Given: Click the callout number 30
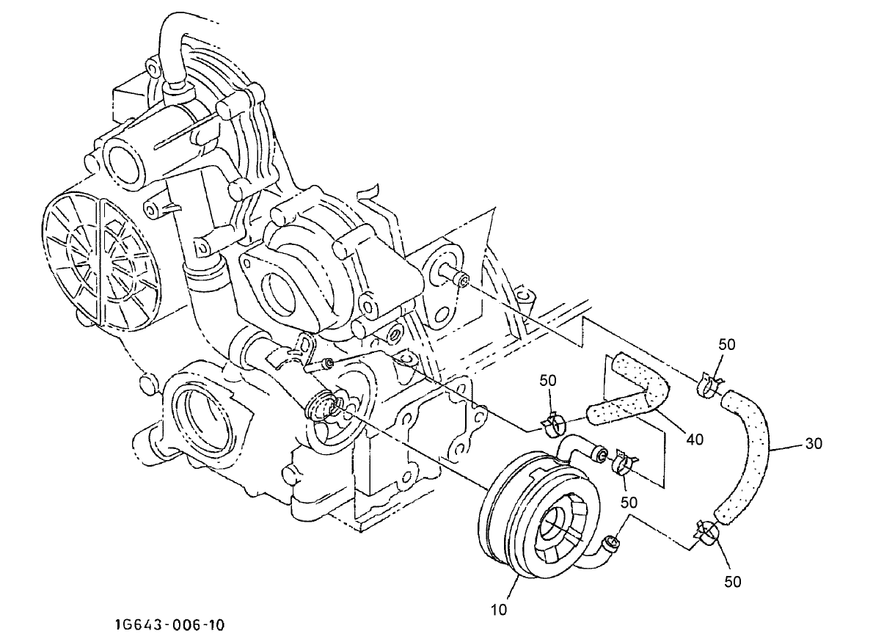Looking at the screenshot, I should coord(812,444).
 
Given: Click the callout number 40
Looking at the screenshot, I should coord(695,439).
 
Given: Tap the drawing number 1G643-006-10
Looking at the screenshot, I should coord(169,625).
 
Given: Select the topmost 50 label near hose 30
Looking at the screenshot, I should coord(727,344).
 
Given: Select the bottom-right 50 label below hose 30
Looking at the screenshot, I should coord(733,582).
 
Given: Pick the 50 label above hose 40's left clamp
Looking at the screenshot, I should coord(548,380).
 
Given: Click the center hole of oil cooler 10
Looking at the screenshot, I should coord(555,523).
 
